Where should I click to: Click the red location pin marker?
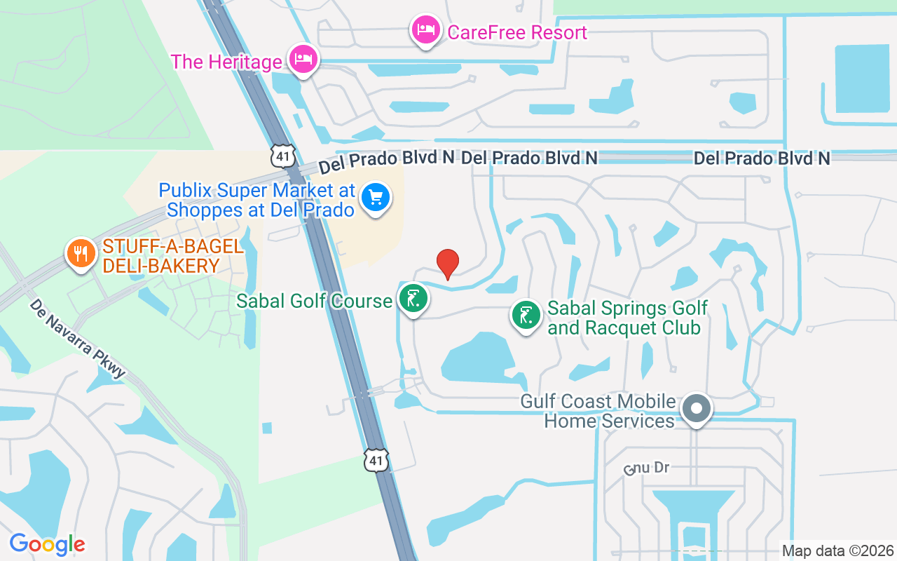(x=448, y=263)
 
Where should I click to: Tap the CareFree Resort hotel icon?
(x=425, y=29)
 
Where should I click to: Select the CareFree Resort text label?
(x=517, y=32)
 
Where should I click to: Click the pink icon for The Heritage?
(x=303, y=59)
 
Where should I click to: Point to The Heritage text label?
(x=226, y=62)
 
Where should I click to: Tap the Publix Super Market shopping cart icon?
(x=376, y=197)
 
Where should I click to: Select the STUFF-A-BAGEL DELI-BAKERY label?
(x=172, y=257)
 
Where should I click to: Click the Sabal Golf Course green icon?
(x=413, y=299)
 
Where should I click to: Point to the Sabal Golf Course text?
(x=314, y=301)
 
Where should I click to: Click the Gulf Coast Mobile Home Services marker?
(x=697, y=408)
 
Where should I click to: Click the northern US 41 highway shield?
(x=283, y=156)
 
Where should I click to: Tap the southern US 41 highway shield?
(x=376, y=460)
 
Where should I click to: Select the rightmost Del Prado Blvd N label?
(x=762, y=158)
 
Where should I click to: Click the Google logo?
(x=48, y=544)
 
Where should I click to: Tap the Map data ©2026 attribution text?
(x=838, y=550)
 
